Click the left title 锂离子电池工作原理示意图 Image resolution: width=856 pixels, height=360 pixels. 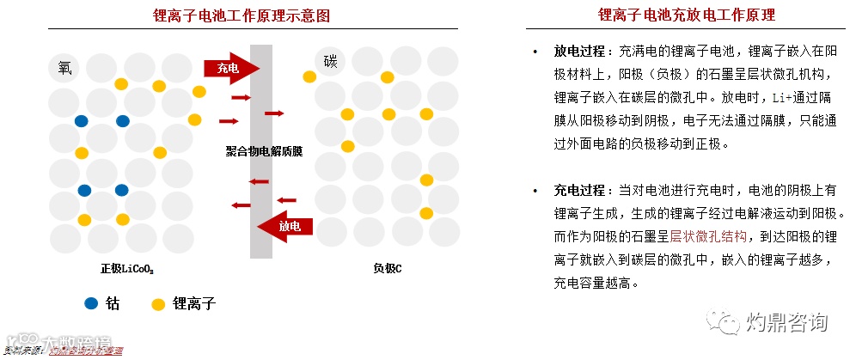[x=241, y=15]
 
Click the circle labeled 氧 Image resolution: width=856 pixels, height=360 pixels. [x=64, y=67]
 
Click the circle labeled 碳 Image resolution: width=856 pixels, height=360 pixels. [x=330, y=61]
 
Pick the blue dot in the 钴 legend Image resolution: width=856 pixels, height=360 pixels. [x=91, y=303]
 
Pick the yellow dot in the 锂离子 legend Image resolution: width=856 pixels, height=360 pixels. [x=158, y=303]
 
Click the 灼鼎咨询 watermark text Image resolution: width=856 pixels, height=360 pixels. [x=788, y=323]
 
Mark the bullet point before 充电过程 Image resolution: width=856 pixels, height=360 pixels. [x=535, y=191]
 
